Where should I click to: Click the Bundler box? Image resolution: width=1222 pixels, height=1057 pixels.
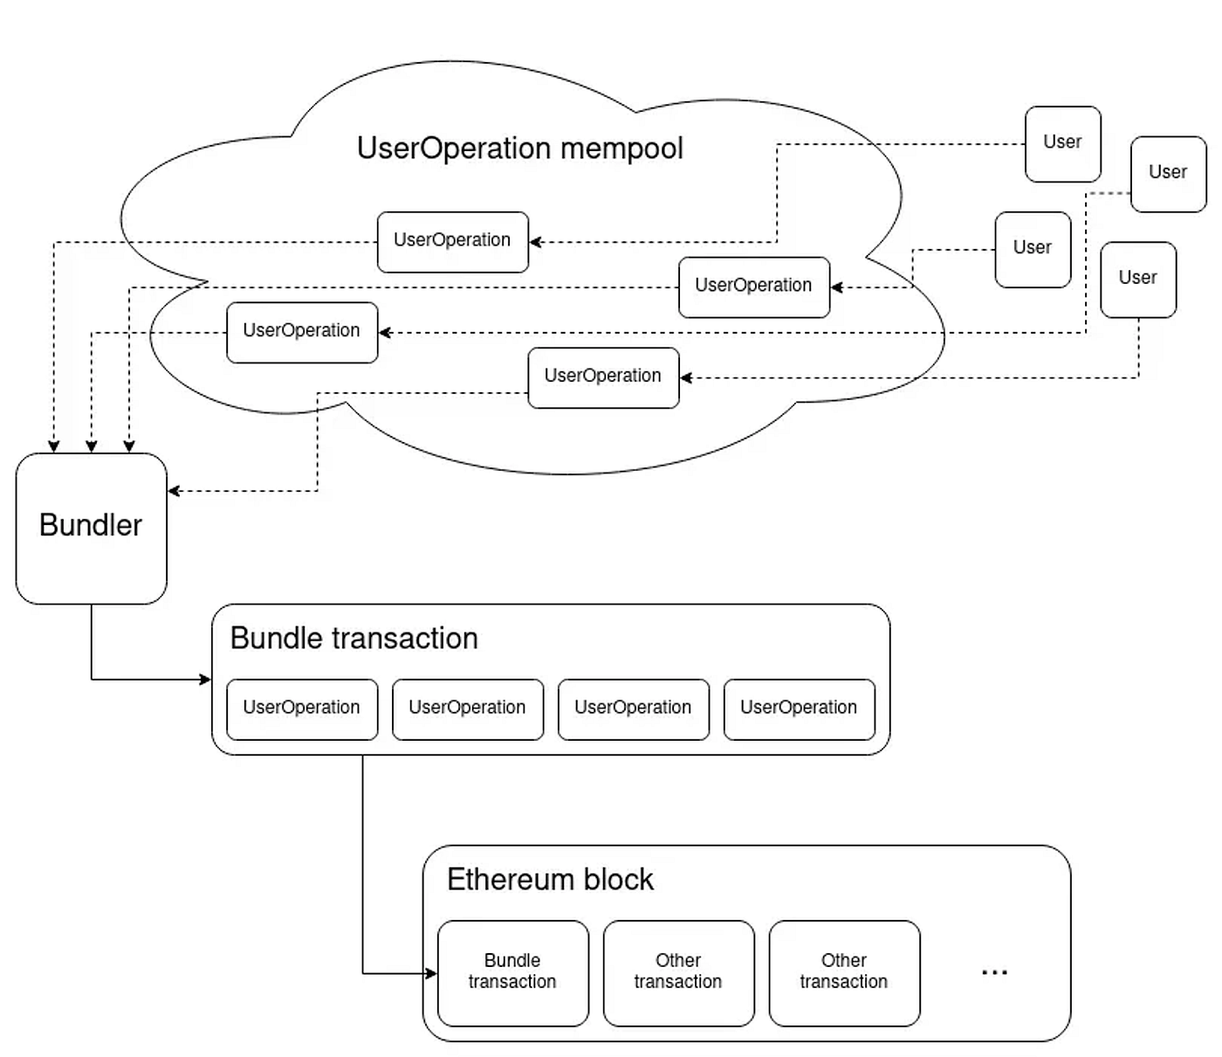pyautogui.click(x=91, y=528)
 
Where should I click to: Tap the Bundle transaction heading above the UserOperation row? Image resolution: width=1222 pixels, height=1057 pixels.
pyautogui.click(x=354, y=639)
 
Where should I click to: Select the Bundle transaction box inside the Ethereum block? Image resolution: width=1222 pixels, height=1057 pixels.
pyautogui.click(x=512, y=972)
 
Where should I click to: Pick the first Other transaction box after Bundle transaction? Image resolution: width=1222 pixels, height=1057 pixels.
pyautogui.click(x=678, y=972)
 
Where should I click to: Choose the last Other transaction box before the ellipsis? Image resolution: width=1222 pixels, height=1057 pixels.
pyautogui.click(x=844, y=972)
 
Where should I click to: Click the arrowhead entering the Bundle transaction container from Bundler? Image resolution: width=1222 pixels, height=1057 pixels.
pyautogui.click(x=206, y=679)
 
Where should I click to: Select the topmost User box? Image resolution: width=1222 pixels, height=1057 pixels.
pyautogui.click(x=1062, y=144)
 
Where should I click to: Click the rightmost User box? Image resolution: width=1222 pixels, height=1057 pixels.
pyautogui.click(x=1168, y=174)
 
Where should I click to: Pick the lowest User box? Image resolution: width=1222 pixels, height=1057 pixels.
pyautogui.click(x=1137, y=279)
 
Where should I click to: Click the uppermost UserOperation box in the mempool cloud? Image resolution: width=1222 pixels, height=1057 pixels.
pyautogui.click(x=452, y=241)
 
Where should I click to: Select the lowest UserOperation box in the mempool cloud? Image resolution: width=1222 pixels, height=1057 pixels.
pyautogui.click(x=603, y=377)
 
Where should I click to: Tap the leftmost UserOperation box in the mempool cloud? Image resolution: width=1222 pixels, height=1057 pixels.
pyautogui.click(x=301, y=332)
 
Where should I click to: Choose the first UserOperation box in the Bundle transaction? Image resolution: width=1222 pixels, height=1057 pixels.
pyautogui.click(x=301, y=708)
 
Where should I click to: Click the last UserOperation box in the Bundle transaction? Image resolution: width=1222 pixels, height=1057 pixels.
pyautogui.click(x=799, y=708)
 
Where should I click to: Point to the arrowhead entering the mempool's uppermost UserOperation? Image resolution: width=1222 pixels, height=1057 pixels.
pyautogui.click(x=535, y=242)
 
